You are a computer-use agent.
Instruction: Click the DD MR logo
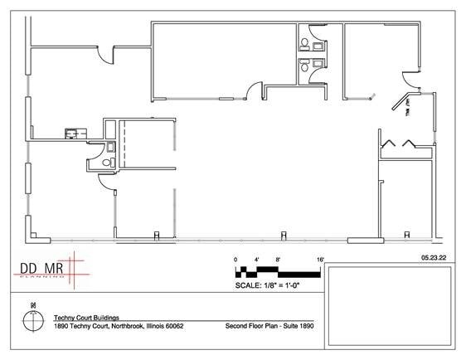(x=42, y=269)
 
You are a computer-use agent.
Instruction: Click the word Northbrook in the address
(x=118, y=326)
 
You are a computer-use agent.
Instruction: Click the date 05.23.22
(x=434, y=259)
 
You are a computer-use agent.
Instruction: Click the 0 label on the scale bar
(x=235, y=260)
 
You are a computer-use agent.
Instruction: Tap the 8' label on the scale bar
(x=279, y=260)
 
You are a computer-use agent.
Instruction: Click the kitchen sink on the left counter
(x=72, y=130)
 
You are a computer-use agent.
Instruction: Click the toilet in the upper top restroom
(x=305, y=41)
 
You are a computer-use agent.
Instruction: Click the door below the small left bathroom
(x=107, y=184)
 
